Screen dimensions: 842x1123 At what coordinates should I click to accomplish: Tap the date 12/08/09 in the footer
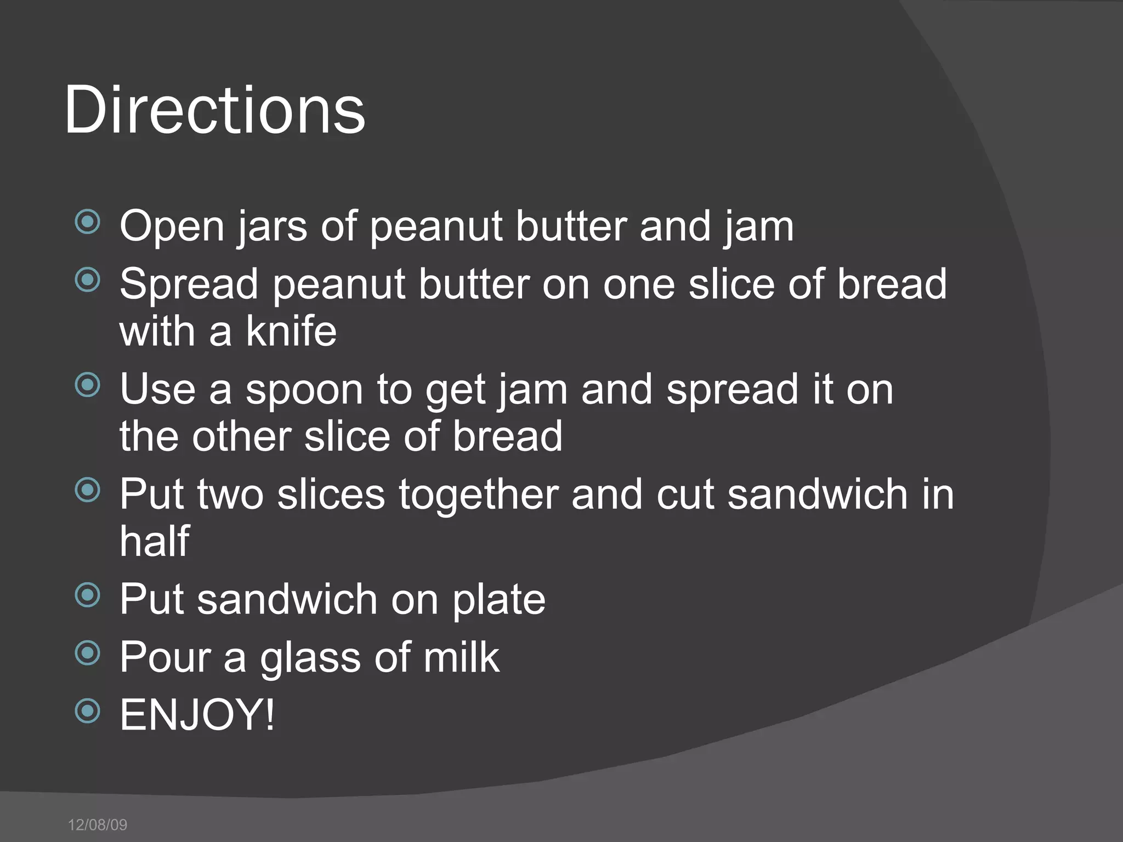point(98,824)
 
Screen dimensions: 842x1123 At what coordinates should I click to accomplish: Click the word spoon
point(304,390)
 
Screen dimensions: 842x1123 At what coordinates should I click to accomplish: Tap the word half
point(155,541)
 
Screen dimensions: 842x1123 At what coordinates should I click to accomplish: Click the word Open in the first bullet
point(172,226)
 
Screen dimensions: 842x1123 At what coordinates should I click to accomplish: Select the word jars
point(273,226)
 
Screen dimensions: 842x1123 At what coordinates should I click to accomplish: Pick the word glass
point(310,657)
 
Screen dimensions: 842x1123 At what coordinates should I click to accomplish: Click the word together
point(478,494)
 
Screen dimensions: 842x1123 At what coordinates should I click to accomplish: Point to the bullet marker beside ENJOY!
point(88,711)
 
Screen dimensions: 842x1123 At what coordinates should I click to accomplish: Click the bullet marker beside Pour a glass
point(88,653)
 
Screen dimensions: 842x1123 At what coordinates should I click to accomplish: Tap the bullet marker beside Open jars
point(88,222)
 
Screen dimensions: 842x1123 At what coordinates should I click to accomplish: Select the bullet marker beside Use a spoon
point(88,385)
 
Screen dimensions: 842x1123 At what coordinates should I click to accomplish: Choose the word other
point(241,436)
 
